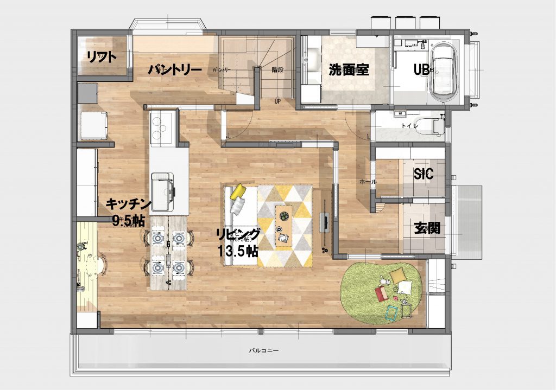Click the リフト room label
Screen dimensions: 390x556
pyautogui.click(x=101, y=57)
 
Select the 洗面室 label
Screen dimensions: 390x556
pyautogui.click(x=349, y=70)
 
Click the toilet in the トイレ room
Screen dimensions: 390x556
pyautogui.click(x=434, y=125)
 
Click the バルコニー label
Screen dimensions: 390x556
pyautogui.click(x=264, y=351)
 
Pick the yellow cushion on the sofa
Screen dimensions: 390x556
pyautogui.click(x=238, y=191)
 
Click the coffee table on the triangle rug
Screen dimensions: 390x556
pyautogui.click(x=283, y=225)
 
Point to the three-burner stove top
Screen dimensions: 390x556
pyautogui.click(x=160, y=129)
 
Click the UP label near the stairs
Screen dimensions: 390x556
pyautogui.click(x=277, y=101)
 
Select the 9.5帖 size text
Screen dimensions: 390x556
pyautogui.click(x=128, y=221)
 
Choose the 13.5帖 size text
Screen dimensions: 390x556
pyautogui.click(x=238, y=251)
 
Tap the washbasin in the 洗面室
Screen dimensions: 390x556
pyautogui.click(x=313, y=59)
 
